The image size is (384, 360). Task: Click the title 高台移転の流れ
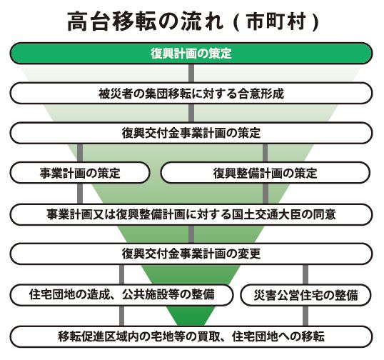click(145, 22)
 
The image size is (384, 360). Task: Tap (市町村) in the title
click(276, 22)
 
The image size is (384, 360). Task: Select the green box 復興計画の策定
click(191, 54)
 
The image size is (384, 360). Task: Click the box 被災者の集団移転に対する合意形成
click(191, 93)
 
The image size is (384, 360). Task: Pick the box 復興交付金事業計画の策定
click(191, 133)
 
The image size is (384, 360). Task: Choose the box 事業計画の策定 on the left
click(80, 173)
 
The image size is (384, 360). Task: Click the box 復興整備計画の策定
click(266, 173)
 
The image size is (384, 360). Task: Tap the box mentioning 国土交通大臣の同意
click(191, 214)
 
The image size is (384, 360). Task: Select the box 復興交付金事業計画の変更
click(191, 254)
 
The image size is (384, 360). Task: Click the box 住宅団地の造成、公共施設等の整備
click(121, 295)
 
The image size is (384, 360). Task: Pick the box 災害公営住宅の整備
click(305, 295)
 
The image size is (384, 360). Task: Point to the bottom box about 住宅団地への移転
click(191, 336)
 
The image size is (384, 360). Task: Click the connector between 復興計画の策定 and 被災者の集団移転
click(191, 74)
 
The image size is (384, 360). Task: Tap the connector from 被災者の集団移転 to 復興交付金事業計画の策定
click(191, 113)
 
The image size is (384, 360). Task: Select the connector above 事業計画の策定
click(80, 153)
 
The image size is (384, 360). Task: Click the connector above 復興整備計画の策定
click(266, 153)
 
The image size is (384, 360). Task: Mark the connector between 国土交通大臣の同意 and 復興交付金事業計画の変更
click(191, 234)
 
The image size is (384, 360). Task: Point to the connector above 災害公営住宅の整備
click(305, 274)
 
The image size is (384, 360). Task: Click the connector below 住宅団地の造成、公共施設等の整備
click(121, 316)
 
